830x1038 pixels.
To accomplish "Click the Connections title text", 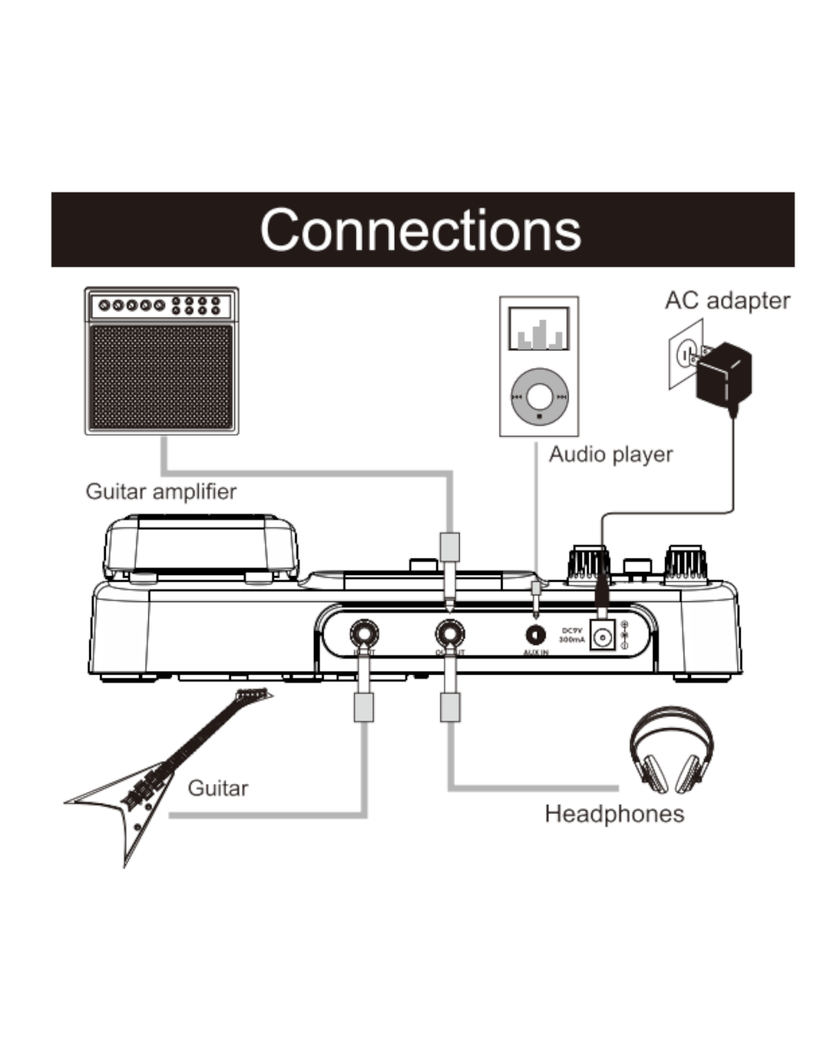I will [420, 230].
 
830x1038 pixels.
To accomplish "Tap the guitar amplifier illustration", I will [161, 361].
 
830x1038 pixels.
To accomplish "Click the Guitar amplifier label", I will [161, 491].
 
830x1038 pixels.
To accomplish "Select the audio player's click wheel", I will [539, 397].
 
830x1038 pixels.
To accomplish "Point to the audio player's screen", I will [539, 329].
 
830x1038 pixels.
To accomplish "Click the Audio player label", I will [611, 455].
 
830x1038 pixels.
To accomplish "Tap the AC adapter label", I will [727, 301].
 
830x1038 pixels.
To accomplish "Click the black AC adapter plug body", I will [724, 374].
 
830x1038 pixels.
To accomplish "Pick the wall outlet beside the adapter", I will [686, 354].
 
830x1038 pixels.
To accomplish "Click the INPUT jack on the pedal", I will [364, 634].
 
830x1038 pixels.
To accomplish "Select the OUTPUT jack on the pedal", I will [449, 634].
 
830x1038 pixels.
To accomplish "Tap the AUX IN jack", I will [535, 635].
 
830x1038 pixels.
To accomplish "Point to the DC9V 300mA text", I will [571, 635].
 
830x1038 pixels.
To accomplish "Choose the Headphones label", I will [614, 814].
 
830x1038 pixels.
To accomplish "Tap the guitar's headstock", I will [253, 694].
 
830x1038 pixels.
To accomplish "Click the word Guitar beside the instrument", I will [218, 788].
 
